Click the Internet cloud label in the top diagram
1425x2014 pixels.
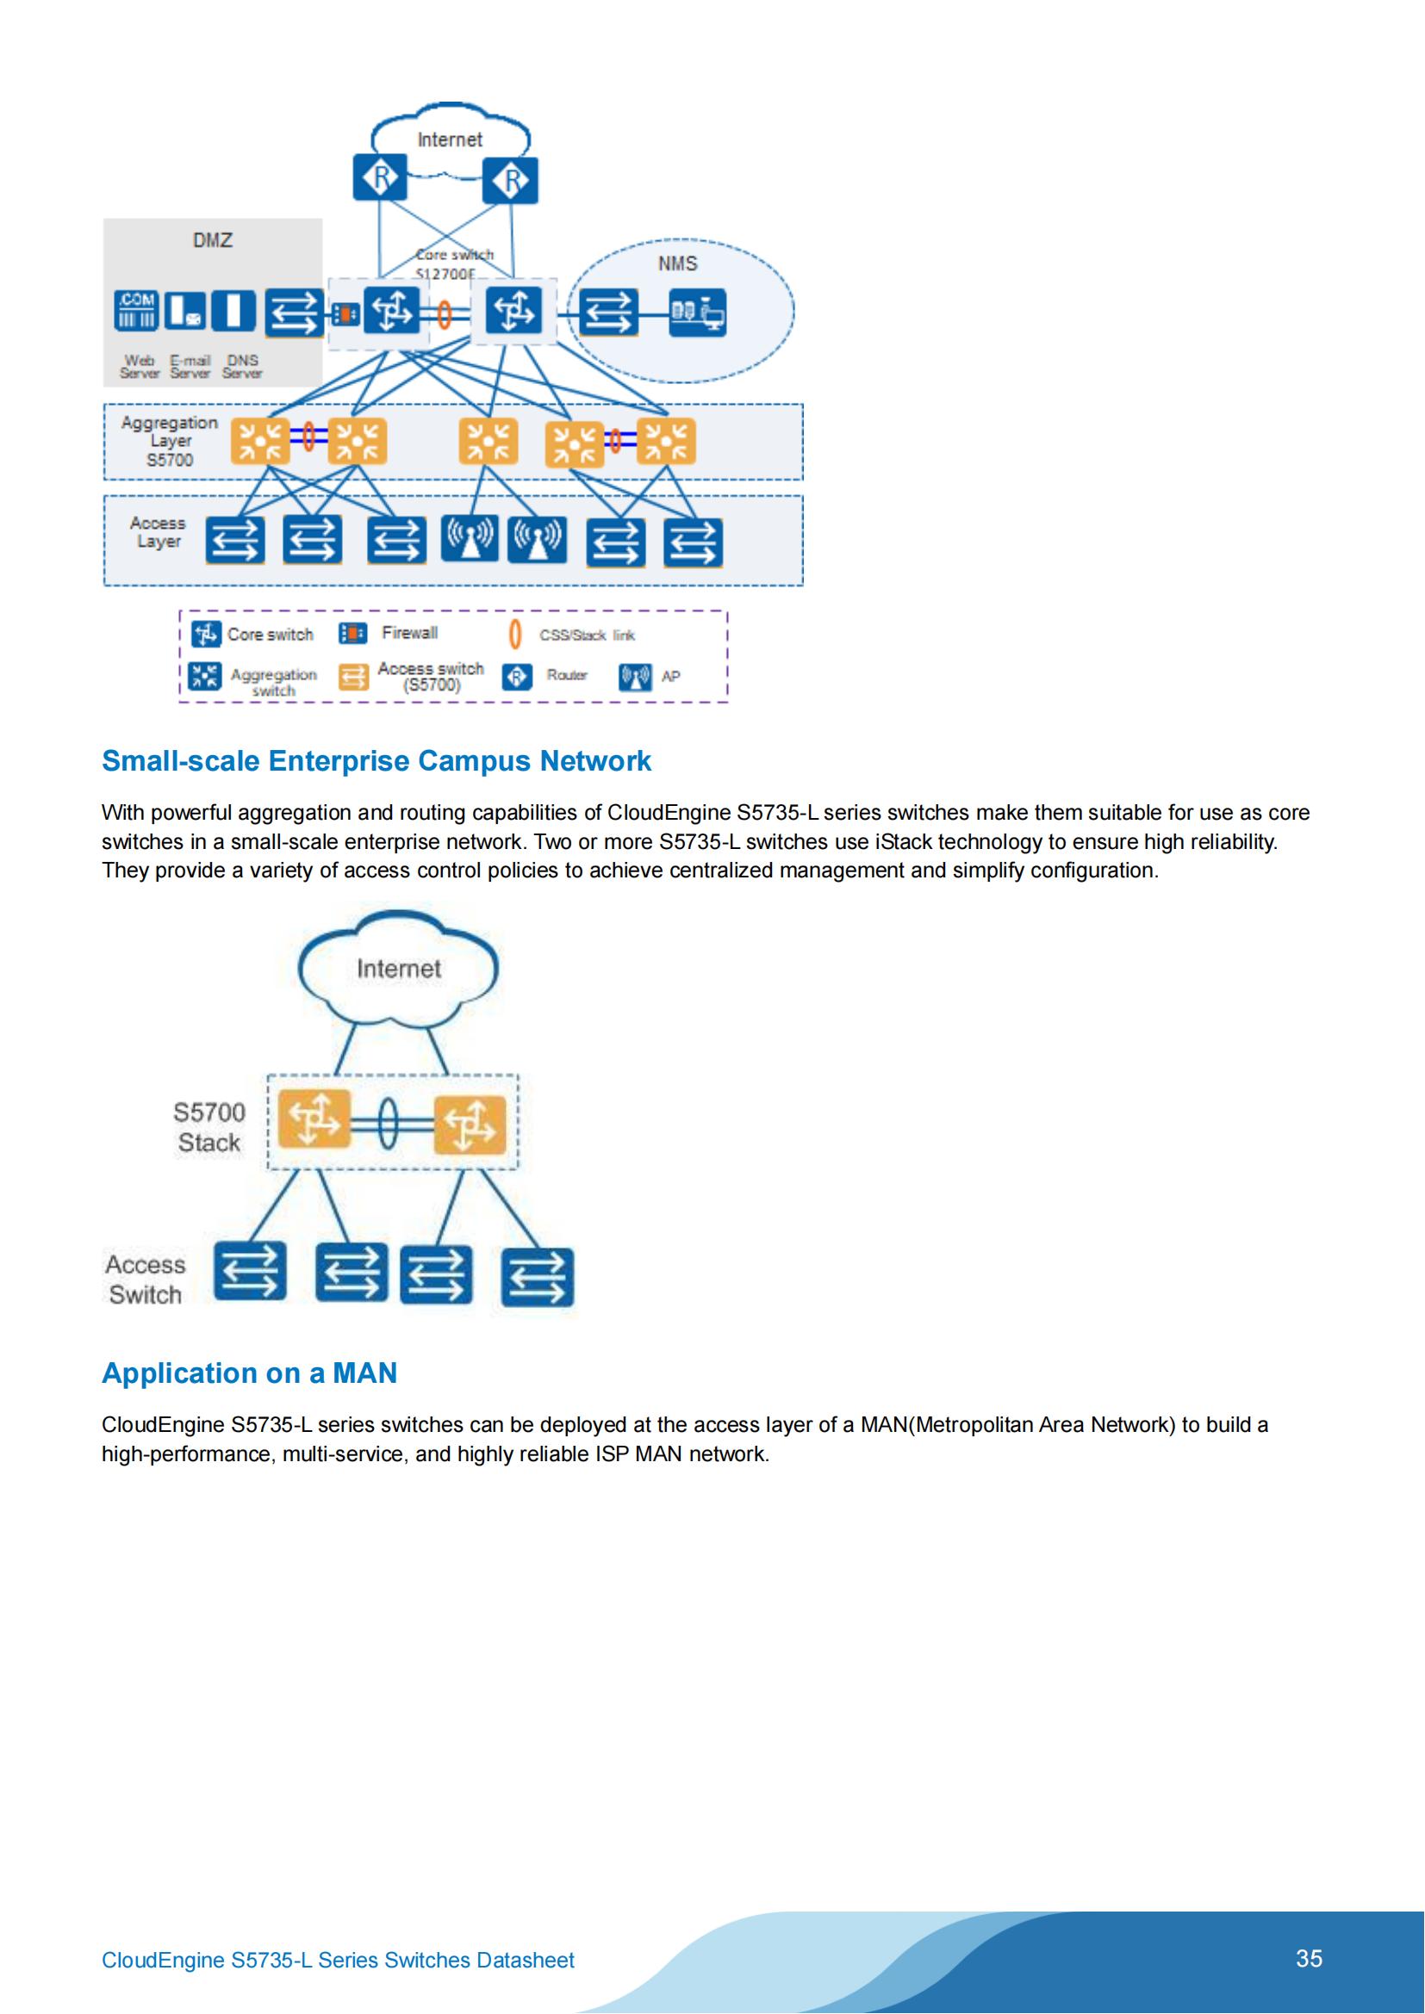pyautogui.click(x=449, y=139)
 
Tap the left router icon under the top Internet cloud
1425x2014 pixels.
pyautogui.click(x=380, y=178)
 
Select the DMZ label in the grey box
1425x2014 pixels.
pyautogui.click(x=212, y=240)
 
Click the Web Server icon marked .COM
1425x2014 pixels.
pyautogui.click(x=136, y=312)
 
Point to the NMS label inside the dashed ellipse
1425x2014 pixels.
pyautogui.click(x=677, y=264)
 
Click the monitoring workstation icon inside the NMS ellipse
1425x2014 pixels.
pyautogui.click(x=698, y=313)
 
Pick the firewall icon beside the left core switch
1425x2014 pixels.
pyautogui.click(x=346, y=313)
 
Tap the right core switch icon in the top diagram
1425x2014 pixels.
pyautogui.click(x=513, y=311)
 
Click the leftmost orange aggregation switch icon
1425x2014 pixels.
pyautogui.click(x=259, y=441)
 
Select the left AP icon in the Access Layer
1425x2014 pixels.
pyautogui.click(x=470, y=537)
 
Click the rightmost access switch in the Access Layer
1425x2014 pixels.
pyautogui.click(x=694, y=542)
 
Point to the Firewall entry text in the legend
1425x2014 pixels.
pyautogui.click(x=410, y=634)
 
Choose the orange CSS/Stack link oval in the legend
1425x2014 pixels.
pyautogui.click(x=515, y=635)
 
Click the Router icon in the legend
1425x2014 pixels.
pyautogui.click(x=517, y=676)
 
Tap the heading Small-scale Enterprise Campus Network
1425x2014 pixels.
pyautogui.click(x=376, y=761)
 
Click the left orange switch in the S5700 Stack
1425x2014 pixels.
pyautogui.click(x=314, y=1119)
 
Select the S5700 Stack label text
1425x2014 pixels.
pyautogui.click(x=208, y=1127)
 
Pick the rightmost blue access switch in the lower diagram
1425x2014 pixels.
pyautogui.click(x=537, y=1277)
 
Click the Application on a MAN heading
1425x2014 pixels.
pyautogui.click(x=249, y=1373)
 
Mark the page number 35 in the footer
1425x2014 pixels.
pyautogui.click(x=1309, y=1958)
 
